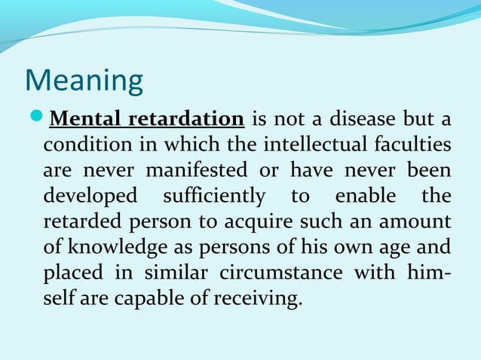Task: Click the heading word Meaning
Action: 84,81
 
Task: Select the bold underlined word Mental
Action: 84,118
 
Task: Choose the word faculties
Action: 412,144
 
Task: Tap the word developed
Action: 90,196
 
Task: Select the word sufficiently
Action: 214,196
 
